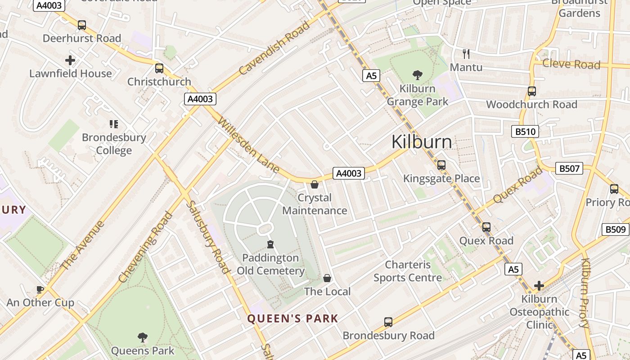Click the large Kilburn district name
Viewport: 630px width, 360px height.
[422, 142]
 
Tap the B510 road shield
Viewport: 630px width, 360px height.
[525, 131]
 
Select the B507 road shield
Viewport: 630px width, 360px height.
[570, 168]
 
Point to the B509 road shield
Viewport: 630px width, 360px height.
[615, 229]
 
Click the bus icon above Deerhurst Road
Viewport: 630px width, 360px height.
[81, 25]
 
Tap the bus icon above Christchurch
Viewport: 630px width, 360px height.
[159, 68]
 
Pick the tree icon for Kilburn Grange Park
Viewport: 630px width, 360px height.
[417, 75]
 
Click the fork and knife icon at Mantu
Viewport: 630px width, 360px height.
[466, 54]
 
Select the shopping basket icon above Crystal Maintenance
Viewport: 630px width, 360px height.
[315, 184]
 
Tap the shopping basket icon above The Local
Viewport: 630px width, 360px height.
[327, 278]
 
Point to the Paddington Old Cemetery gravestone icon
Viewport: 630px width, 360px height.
[270, 244]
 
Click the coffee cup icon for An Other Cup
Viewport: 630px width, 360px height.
[40, 289]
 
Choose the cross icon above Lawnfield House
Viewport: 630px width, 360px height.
[70, 60]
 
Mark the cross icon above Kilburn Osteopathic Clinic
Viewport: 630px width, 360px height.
[539, 285]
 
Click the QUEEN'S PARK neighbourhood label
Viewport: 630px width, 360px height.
[292, 319]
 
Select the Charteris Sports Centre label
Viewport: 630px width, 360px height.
[408, 271]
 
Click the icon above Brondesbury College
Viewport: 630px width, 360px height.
[114, 124]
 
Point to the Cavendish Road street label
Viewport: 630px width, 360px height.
[274, 48]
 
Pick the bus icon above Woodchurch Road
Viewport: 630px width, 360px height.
[531, 91]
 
